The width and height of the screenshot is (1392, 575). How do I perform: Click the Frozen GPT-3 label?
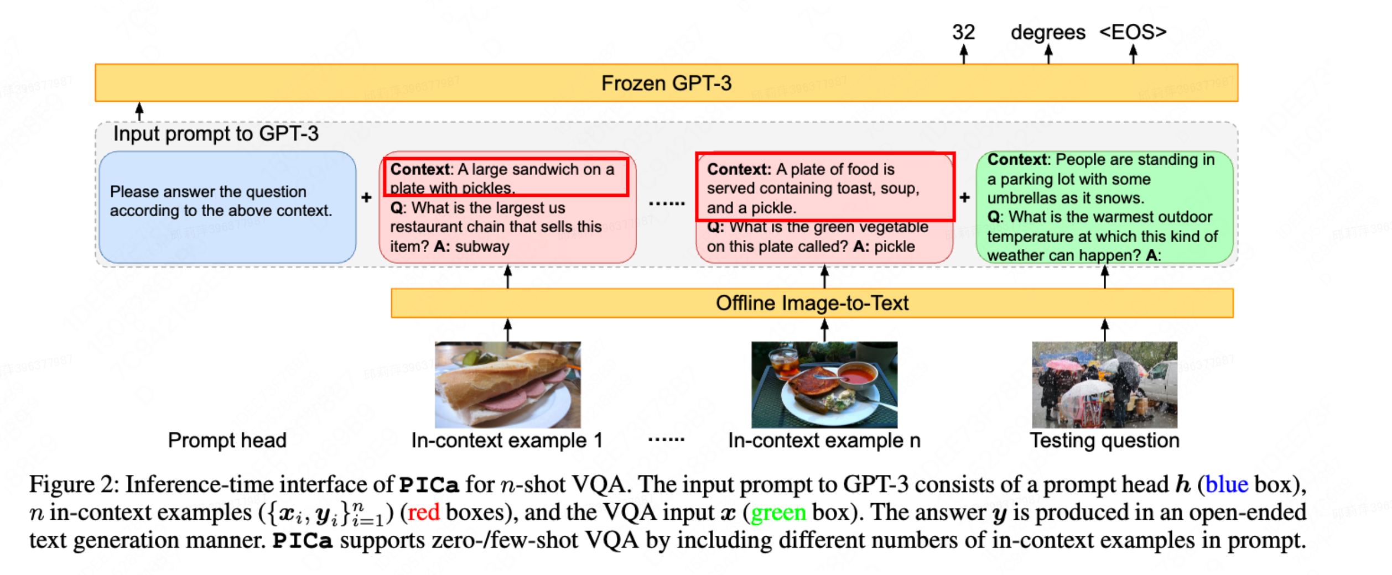click(666, 83)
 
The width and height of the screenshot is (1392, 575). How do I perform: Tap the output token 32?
click(963, 32)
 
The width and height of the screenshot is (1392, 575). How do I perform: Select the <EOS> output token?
click(1133, 32)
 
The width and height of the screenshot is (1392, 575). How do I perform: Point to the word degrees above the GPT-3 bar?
click(1047, 33)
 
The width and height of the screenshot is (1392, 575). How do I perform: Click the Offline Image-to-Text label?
click(812, 303)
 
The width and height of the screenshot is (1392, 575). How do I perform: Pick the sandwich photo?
click(507, 384)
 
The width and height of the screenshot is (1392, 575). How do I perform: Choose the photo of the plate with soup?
click(824, 384)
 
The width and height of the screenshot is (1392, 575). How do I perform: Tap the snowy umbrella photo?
click(1104, 384)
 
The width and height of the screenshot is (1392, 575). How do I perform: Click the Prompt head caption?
click(227, 440)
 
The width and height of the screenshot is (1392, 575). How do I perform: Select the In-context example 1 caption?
click(506, 440)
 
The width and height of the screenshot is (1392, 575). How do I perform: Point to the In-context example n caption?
click(824, 440)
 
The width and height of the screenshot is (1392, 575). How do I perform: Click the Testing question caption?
click(1104, 440)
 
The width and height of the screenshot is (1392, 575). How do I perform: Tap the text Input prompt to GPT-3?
click(216, 134)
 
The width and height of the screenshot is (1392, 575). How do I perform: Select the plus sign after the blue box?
click(366, 197)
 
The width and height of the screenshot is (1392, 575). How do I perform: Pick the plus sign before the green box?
click(964, 197)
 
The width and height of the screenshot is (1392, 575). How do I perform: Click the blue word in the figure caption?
click(1227, 484)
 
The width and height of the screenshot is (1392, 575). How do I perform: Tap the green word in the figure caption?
click(778, 513)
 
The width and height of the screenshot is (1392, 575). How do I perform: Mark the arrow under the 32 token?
click(964, 54)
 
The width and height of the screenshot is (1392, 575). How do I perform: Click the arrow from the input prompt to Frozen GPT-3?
click(139, 111)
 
